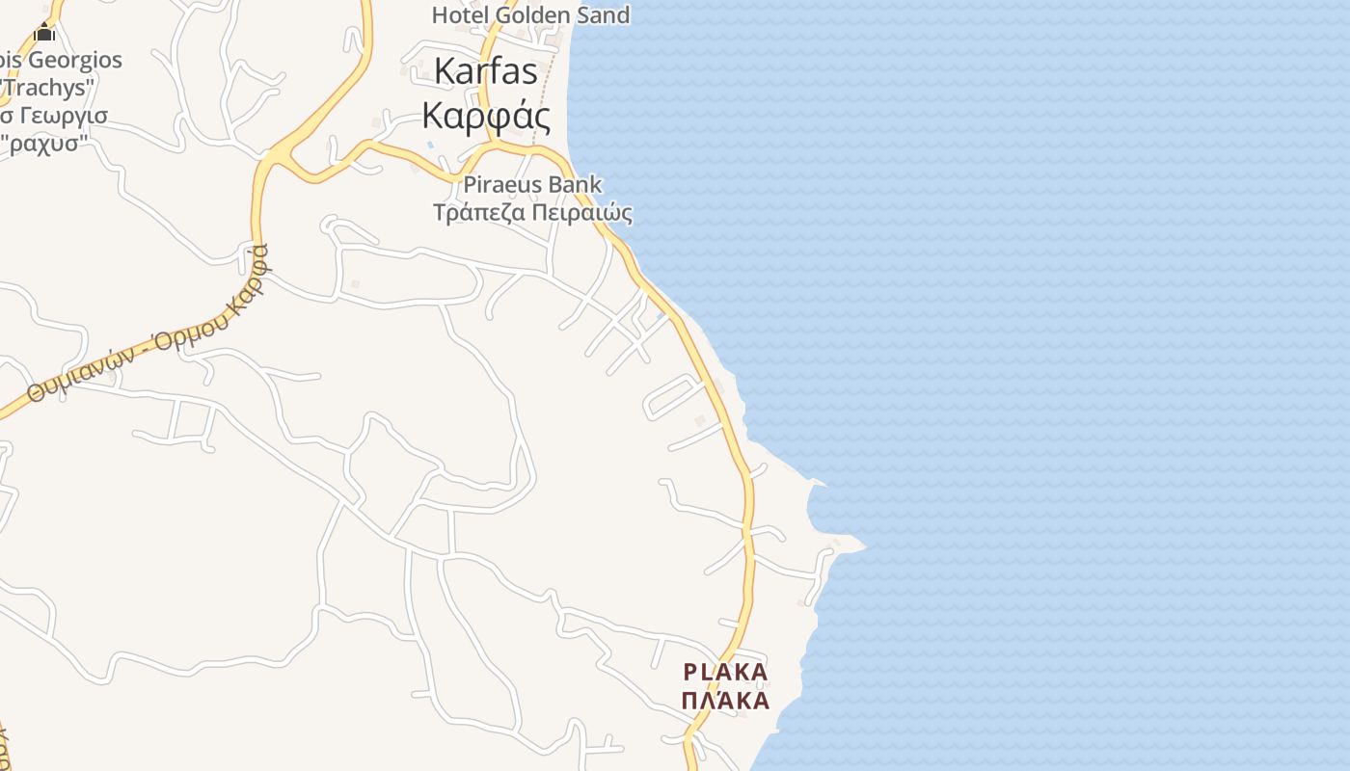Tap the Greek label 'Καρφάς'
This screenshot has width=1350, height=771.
click(487, 117)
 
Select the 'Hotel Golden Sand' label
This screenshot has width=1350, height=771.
click(530, 15)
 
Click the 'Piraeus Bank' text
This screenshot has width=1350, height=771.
click(532, 184)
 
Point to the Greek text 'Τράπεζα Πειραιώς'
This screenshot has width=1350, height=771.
click(532, 213)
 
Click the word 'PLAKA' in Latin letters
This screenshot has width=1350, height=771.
click(725, 672)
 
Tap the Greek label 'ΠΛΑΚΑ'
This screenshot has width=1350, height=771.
click(725, 701)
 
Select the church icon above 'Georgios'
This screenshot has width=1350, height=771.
click(44, 32)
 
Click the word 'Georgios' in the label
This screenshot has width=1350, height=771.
click(75, 60)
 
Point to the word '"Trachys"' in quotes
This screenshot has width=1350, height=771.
click(46, 87)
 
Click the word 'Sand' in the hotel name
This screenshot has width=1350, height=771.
click(602, 15)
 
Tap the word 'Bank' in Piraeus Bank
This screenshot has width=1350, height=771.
click(575, 184)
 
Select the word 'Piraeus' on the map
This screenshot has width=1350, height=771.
click(501, 184)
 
